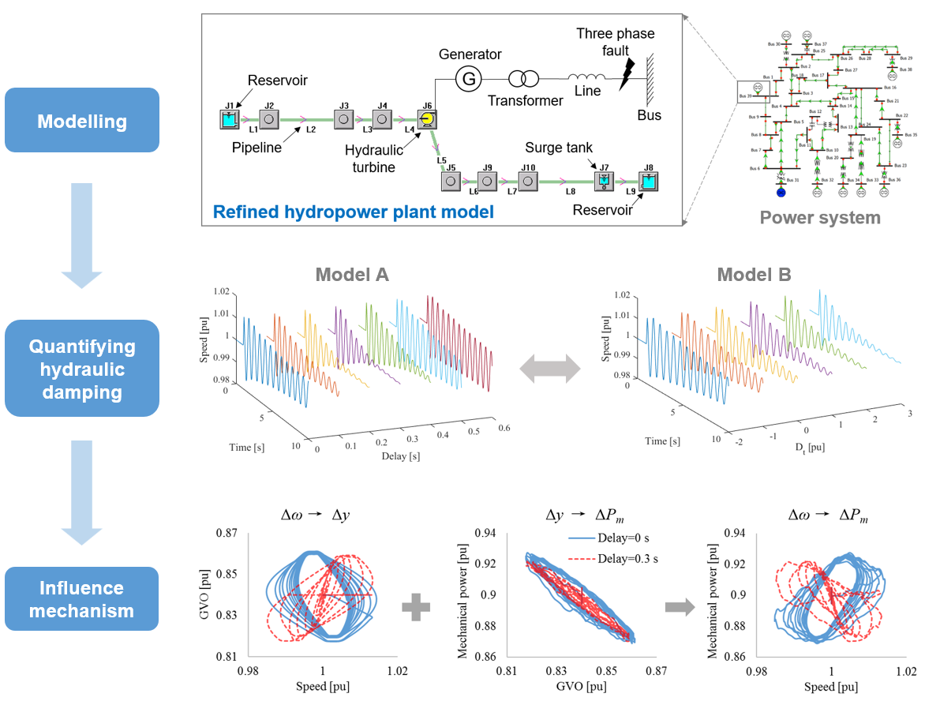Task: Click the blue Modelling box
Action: pyautogui.click(x=82, y=120)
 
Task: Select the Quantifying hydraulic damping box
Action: pyautogui.click(x=82, y=368)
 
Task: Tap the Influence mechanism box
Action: pyautogui.click(x=82, y=598)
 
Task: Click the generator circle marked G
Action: pyautogui.click(x=469, y=78)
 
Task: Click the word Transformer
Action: pyautogui.click(x=525, y=100)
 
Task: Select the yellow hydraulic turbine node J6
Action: pyautogui.click(x=426, y=119)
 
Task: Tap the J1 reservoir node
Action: pyautogui.click(x=229, y=119)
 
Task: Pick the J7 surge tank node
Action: pyautogui.click(x=603, y=181)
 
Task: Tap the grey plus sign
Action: pyautogui.click(x=416, y=607)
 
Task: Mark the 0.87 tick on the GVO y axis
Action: pyautogui.click(x=232, y=533)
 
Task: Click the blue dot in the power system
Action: pyautogui.click(x=781, y=191)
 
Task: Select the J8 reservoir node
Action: pyautogui.click(x=648, y=181)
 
